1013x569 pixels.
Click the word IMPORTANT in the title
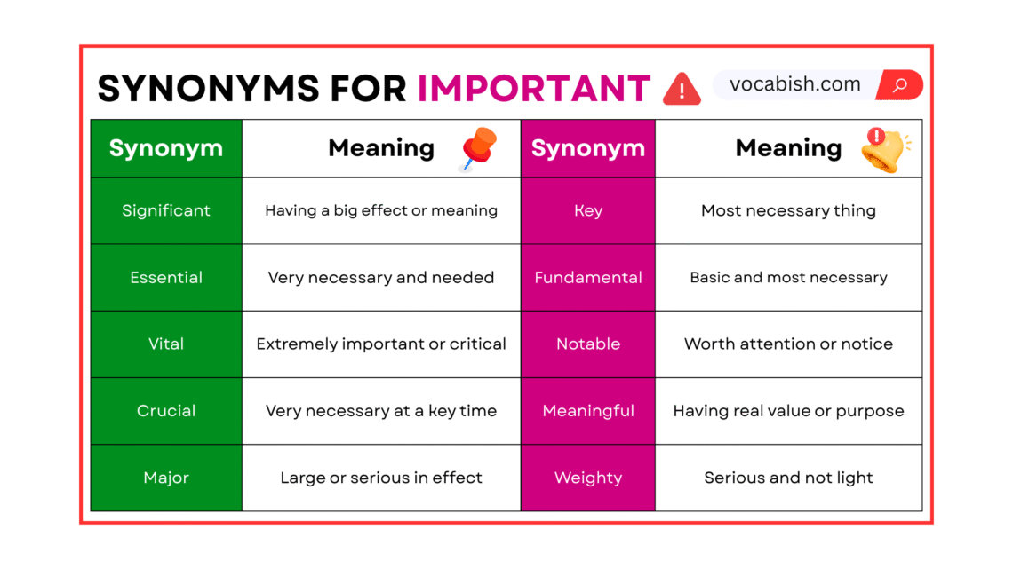[x=534, y=88]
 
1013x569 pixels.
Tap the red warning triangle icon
[x=682, y=89]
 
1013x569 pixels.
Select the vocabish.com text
[x=794, y=85]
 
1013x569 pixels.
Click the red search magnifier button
[x=900, y=85]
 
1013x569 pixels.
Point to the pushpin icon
[x=478, y=148]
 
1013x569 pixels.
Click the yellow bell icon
[x=883, y=149]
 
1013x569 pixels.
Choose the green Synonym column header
[x=166, y=148]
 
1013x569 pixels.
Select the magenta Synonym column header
[x=588, y=148]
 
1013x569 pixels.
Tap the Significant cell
[x=166, y=210]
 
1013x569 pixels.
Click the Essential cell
[x=166, y=277]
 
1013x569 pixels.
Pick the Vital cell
[x=166, y=344]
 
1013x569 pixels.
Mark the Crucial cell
[x=166, y=410]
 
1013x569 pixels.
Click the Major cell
[x=166, y=478]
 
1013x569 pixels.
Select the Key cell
[x=588, y=210]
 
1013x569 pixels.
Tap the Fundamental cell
[x=588, y=277]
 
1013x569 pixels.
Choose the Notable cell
[x=588, y=344]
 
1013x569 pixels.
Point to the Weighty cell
[x=588, y=478]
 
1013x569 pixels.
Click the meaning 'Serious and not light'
[x=788, y=478]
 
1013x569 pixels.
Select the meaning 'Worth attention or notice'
[x=788, y=344]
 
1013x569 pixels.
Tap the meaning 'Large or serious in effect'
[x=381, y=478]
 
